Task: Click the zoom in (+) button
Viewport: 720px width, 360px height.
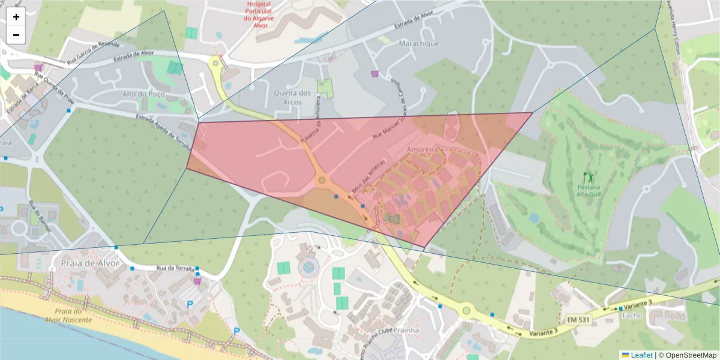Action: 16,17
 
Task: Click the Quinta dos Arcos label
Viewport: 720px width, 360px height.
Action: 292,98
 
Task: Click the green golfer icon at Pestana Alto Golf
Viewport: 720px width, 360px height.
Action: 589,177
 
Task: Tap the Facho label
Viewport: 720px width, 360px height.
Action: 632,315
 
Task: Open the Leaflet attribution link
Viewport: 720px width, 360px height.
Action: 641,355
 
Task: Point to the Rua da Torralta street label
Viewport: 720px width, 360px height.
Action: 175,268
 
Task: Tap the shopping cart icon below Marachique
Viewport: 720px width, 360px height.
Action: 375,74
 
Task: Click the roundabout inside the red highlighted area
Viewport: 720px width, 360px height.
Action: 322,179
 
